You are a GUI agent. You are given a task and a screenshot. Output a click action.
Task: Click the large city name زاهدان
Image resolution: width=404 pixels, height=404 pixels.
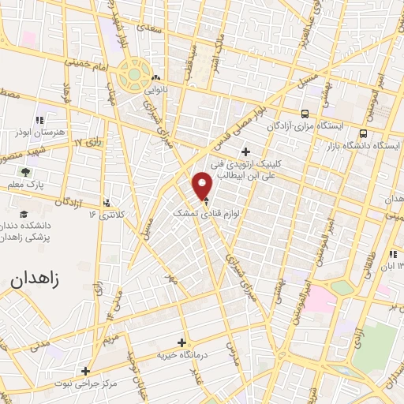[39, 279]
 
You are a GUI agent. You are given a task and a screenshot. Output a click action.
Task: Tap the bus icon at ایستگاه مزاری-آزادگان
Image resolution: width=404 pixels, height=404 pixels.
[305, 113]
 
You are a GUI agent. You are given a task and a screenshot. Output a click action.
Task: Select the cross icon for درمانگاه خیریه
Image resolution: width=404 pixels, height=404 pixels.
[182, 342]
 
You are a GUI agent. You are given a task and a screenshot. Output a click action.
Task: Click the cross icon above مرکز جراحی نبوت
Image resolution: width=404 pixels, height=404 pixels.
[85, 370]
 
